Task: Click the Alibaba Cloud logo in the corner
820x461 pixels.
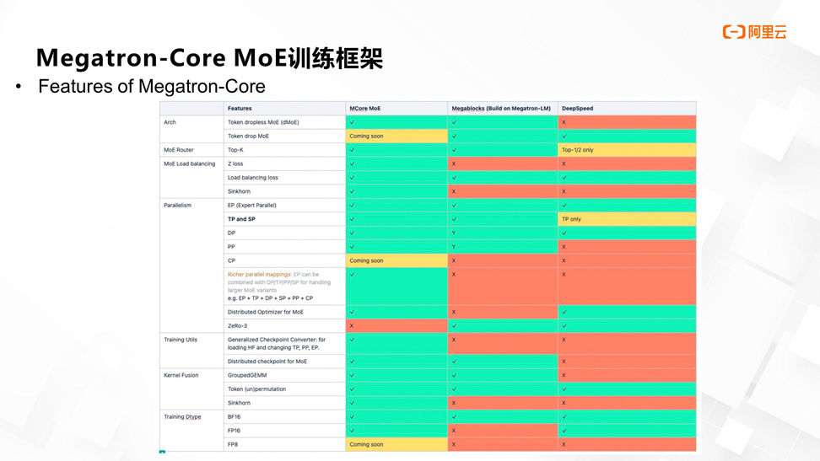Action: tap(754, 32)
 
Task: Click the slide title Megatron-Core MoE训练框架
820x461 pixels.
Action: tap(209, 58)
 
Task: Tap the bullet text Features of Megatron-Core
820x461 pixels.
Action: tap(151, 87)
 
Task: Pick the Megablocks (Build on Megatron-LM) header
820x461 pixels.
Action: tap(501, 109)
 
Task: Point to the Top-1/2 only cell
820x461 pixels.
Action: tap(578, 150)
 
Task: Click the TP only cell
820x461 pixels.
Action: tap(573, 219)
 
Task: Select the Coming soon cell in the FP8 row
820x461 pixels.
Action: tap(366, 444)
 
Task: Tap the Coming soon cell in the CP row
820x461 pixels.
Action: tap(366, 260)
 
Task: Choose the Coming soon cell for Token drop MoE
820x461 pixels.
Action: tap(366, 136)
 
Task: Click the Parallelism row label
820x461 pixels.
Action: tap(178, 205)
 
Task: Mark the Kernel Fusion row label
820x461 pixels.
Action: tap(181, 375)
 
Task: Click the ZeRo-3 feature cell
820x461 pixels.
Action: tap(238, 325)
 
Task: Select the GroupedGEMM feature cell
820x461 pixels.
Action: tap(246, 375)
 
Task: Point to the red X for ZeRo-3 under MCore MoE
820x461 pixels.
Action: tap(352, 325)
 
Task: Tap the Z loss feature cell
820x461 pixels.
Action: tap(237, 163)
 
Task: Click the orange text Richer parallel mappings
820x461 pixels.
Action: tap(259, 274)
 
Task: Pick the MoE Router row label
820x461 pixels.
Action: tap(179, 150)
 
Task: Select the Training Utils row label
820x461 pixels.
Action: tap(181, 340)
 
